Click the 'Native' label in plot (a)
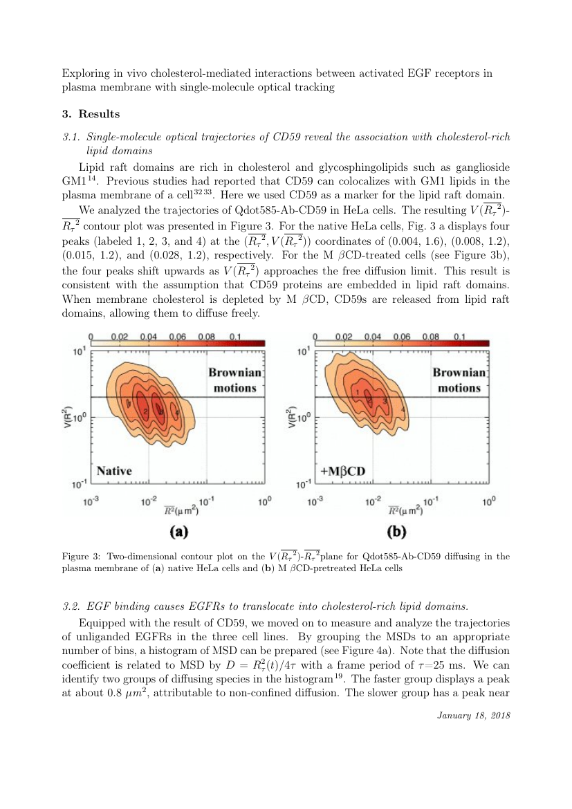pos(114,471)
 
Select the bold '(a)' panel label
pos(179,532)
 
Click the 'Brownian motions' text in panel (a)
pos(234,380)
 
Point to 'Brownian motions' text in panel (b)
pos(459,380)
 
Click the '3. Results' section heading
pos(91,114)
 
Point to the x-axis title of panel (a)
pos(178,511)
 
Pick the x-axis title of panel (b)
pos(403,511)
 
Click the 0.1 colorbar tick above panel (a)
pos(236,337)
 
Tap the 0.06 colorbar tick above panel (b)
pos(402,337)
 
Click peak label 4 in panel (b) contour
pos(403,409)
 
